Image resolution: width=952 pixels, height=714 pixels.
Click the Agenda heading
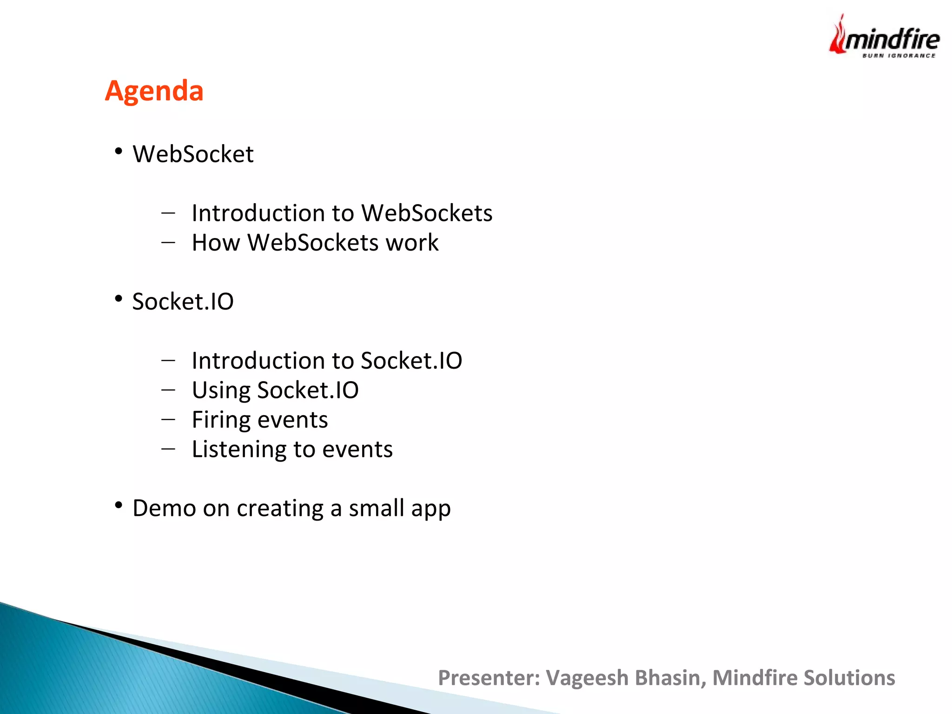[x=154, y=91]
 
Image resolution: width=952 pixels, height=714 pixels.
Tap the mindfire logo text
[x=892, y=40]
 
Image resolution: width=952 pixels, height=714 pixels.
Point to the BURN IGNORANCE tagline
[x=899, y=56]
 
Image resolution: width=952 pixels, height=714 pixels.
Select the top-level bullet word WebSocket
[x=193, y=154]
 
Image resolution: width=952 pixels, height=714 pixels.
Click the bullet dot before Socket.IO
[x=119, y=298]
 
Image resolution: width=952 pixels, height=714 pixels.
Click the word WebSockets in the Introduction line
[x=427, y=213]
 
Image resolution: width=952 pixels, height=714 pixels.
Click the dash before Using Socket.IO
[x=168, y=390]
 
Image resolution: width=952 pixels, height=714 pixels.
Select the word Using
[x=221, y=390]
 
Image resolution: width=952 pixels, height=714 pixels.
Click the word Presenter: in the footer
[x=489, y=678]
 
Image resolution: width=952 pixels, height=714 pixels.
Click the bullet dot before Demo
[x=119, y=505]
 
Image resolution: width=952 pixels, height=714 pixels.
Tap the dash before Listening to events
[x=168, y=449]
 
